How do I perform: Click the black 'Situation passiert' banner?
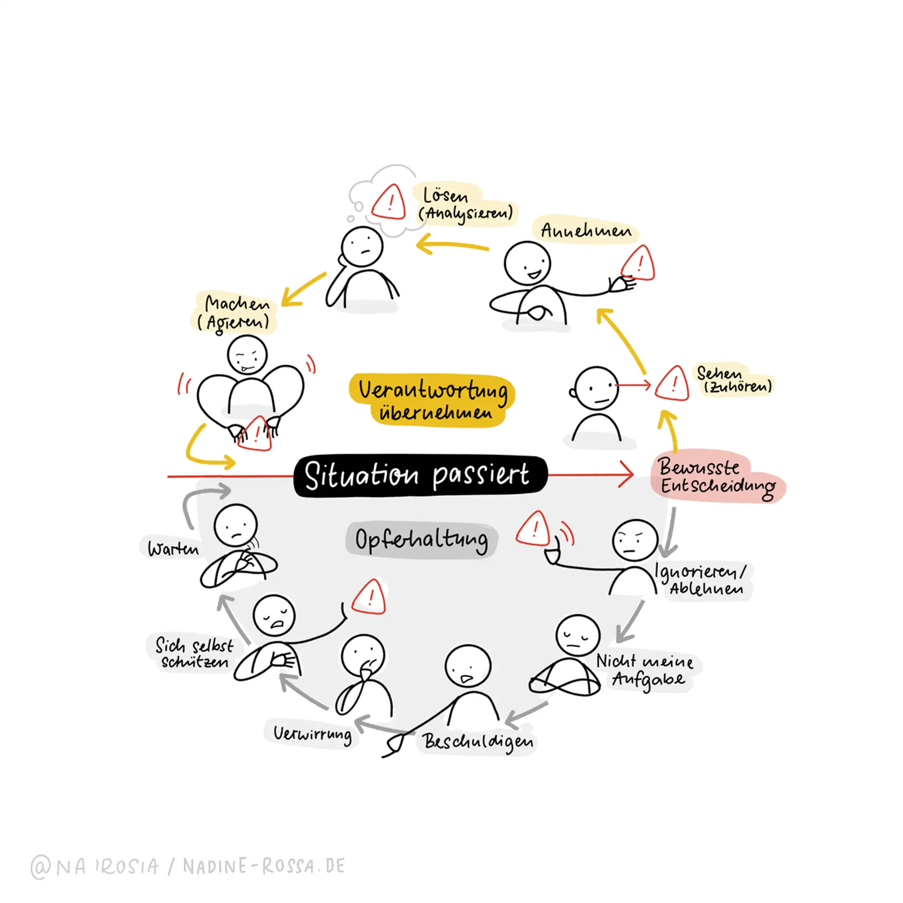(x=419, y=476)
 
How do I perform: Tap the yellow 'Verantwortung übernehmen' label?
(x=433, y=400)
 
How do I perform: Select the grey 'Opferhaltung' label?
(x=421, y=540)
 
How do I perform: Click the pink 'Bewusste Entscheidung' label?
(x=717, y=476)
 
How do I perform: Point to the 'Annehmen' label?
(x=586, y=230)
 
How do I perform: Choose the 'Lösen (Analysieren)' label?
(x=465, y=204)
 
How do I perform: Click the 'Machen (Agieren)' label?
(x=235, y=312)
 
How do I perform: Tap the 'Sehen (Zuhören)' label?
(x=735, y=380)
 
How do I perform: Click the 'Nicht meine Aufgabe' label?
(x=647, y=670)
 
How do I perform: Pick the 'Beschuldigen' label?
(x=478, y=741)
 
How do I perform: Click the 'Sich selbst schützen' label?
(x=194, y=653)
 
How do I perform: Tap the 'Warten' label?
(x=173, y=548)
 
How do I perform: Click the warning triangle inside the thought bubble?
(x=389, y=202)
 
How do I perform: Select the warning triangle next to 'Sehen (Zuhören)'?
(x=673, y=385)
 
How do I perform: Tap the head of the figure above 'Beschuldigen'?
(x=468, y=666)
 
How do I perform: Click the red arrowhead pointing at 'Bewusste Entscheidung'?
(x=626, y=475)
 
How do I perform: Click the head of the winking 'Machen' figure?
(x=247, y=355)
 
